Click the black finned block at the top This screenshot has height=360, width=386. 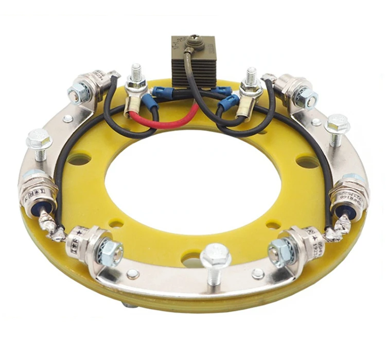point(192,67)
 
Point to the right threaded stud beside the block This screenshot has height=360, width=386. point(251,77)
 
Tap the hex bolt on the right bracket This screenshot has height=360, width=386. point(337,124)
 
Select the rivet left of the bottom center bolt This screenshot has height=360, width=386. point(133,274)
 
